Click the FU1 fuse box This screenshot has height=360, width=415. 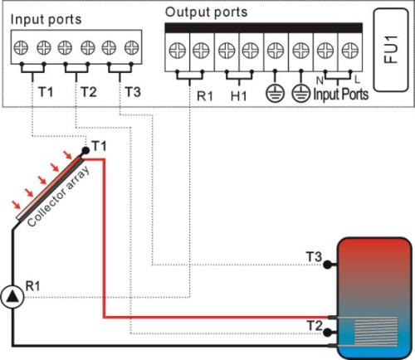(391, 50)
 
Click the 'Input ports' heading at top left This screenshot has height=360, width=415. (46, 20)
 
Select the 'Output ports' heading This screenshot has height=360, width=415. (206, 12)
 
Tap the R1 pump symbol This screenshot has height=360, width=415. (12, 297)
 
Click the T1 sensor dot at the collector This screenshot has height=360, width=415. (85, 151)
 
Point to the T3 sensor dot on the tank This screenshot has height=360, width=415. (327, 265)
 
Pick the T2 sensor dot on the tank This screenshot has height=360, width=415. (327, 332)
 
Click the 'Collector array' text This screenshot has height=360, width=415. (59, 197)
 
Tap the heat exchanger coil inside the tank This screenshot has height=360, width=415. (376, 331)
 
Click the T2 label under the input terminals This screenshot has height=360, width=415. (89, 92)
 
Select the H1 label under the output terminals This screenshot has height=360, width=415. (238, 96)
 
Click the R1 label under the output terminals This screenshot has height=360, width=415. (205, 96)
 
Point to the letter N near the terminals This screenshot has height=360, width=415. (320, 80)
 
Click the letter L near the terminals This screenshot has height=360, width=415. (357, 80)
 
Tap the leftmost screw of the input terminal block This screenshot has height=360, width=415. (21, 47)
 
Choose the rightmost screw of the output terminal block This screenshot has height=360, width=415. (350, 51)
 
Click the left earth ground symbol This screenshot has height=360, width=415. (275, 93)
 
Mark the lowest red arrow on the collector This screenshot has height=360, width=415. (17, 205)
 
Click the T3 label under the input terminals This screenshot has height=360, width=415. (133, 92)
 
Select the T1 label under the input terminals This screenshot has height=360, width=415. (46, 92)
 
